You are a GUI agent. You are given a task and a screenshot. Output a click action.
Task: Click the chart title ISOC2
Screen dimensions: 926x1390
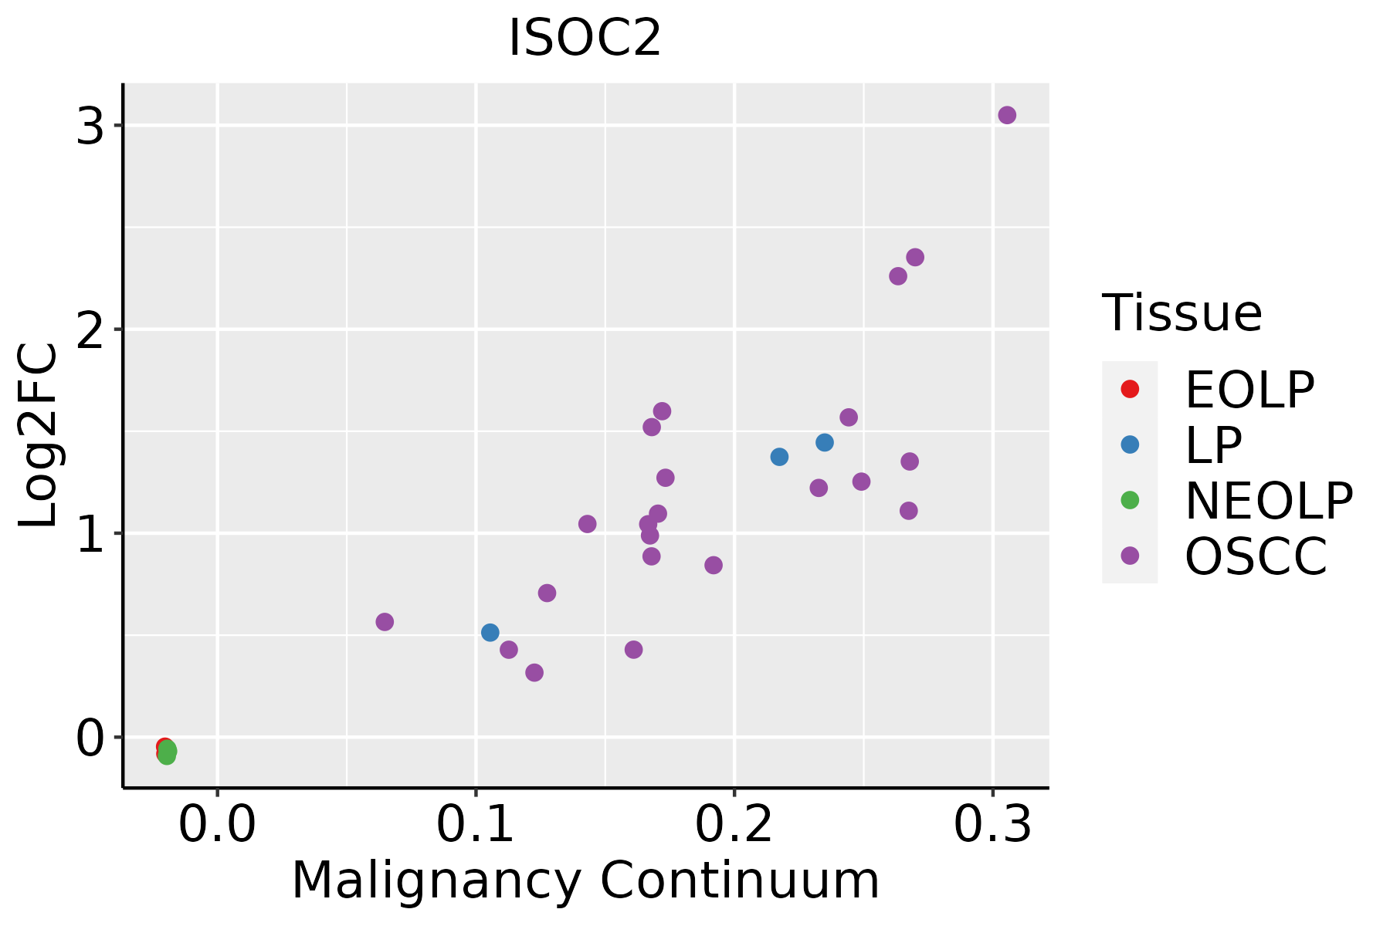[585, 39]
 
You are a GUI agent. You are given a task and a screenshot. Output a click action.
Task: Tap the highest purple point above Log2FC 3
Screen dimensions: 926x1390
[1007, 115]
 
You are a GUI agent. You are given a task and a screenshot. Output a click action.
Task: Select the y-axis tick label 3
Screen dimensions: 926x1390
[90, 126]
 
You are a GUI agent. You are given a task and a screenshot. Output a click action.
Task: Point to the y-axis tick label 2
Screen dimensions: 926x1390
[90, 330]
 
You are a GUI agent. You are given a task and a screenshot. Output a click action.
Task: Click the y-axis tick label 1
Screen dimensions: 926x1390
[90, 534]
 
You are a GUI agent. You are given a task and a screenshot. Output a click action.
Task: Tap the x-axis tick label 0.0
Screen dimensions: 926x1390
[217, 825]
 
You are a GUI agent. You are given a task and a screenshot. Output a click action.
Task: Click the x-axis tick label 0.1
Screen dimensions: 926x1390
[476, 825]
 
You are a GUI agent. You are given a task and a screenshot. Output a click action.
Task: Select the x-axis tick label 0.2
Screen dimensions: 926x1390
[734, 825]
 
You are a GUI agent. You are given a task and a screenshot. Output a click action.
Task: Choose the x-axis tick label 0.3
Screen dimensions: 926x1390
[992, 825]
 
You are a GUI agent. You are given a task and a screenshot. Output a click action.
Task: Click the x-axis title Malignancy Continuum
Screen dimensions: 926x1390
[585, 880]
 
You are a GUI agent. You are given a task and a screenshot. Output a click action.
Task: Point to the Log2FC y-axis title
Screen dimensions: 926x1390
[39, 435]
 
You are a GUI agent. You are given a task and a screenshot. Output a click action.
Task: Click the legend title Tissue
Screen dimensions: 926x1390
[1181, 313]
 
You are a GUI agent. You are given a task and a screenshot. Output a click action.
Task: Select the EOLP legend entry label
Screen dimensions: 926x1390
[1249, 390]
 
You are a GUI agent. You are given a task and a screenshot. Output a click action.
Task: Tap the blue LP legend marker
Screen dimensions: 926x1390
[1130, 444]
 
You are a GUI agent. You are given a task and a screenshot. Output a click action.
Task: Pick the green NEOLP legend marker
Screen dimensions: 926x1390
[1130, 500]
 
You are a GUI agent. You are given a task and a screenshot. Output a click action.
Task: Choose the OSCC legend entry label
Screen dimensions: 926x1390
[1256, 556]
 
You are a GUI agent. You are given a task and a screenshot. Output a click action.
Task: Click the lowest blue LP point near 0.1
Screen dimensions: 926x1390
[490, 633]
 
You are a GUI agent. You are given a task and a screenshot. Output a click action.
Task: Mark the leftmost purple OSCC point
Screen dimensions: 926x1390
[385, 622]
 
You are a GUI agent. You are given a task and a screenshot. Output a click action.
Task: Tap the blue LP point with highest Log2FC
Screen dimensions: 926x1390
[825, 442]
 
